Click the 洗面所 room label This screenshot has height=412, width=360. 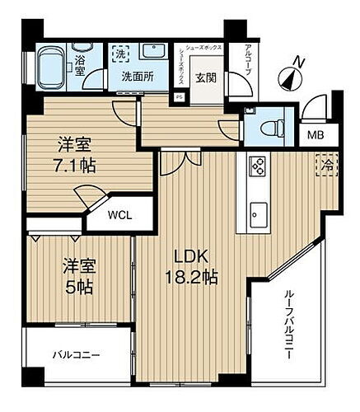coord(138,77)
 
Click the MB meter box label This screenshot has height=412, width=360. coord(316,136)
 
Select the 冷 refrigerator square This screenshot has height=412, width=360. coord(327,164)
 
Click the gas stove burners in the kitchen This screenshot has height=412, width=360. coord(257,166)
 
